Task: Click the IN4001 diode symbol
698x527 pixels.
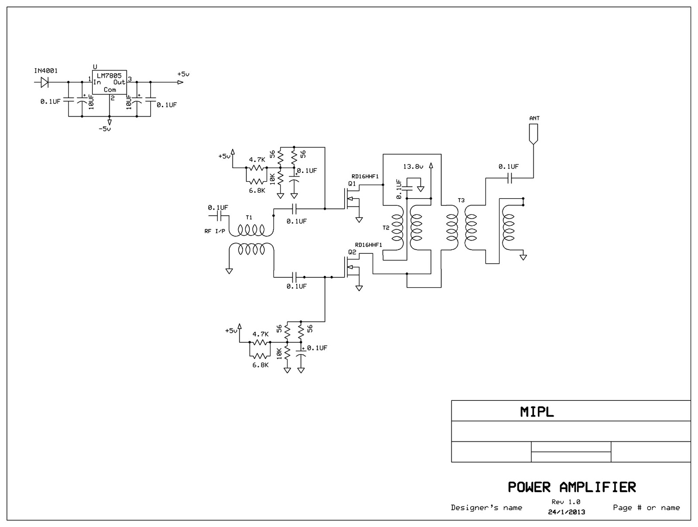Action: click(x=44, y=82)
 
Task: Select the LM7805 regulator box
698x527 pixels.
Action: click(x=109, y=82)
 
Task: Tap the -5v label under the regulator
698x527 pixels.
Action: click(x=105, y=129)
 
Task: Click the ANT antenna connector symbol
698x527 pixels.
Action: click(x=533, y=134)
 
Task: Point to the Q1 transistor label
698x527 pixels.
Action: click(x=352, y=184)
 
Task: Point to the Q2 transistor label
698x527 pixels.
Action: click(x=352, y=252)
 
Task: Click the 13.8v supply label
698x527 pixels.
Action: click(x=413, y=166)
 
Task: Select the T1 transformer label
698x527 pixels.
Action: click(x=249, y=217)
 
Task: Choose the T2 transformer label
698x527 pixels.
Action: click(x=386, y=227)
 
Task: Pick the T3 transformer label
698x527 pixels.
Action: click(x=461, y=200)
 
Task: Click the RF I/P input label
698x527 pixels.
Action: click(x=215, y=231)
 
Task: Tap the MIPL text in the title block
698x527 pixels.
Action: click(x=537, y=412)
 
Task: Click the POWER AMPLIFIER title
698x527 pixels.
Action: click(x=571, y=487)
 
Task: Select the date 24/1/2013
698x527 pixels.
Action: click(x=566, y=512)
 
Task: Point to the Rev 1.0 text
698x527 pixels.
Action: click(x=566, y=502)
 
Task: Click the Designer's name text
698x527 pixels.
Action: click(x=486, y=507)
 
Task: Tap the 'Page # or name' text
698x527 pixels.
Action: click(x=646, y=507)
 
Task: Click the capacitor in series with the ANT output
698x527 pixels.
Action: click(x=509, y=178)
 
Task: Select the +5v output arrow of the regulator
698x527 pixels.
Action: click(x=180, y=82)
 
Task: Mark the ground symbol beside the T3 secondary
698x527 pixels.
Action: click(x=523, y=257)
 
